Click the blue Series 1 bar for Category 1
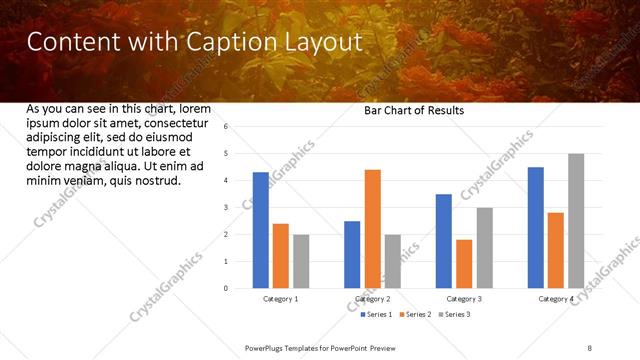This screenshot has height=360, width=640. point(261,230)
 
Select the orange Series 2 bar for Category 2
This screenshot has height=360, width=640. point(372,229)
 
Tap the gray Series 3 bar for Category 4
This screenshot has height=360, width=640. point(575,221)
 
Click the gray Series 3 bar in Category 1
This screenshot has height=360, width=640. point(301,261)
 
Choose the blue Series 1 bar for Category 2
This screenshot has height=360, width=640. point(352,255)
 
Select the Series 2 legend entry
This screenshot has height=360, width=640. point(415,315)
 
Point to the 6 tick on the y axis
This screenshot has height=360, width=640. point(226,127)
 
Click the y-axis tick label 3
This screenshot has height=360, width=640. point(226,208)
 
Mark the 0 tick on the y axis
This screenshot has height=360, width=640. point(226,289)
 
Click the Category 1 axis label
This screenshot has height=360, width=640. point(281,299)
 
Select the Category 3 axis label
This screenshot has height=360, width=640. point(464,299)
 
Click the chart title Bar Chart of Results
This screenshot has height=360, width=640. point(413,111)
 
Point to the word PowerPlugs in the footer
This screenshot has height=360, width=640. point(265,347)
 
